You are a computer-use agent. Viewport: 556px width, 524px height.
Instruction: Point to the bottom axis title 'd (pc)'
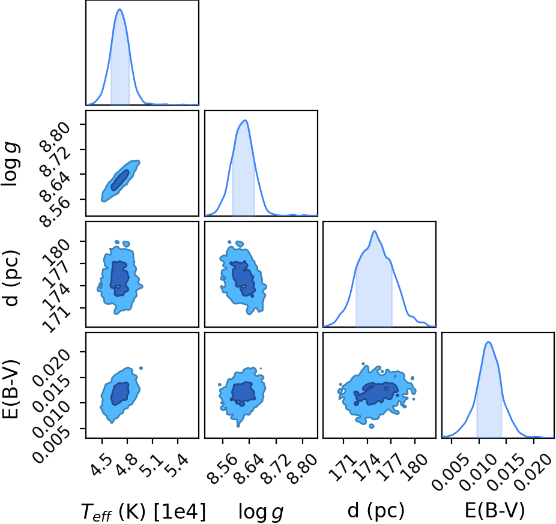(x=376, y=511)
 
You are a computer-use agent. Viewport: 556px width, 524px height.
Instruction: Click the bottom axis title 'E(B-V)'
(x=494, y=511)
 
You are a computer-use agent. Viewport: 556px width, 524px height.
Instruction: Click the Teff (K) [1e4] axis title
(x=144, y=511)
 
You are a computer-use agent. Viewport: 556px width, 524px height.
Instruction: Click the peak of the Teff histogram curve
(x=119, y=9)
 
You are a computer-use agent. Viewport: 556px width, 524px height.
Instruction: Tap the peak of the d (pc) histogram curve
(x=375, y=231)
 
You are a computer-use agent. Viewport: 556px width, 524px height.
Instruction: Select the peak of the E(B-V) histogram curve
(x=488, y=342)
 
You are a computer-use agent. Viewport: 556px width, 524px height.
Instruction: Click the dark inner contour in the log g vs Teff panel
(x=119, y=180)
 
